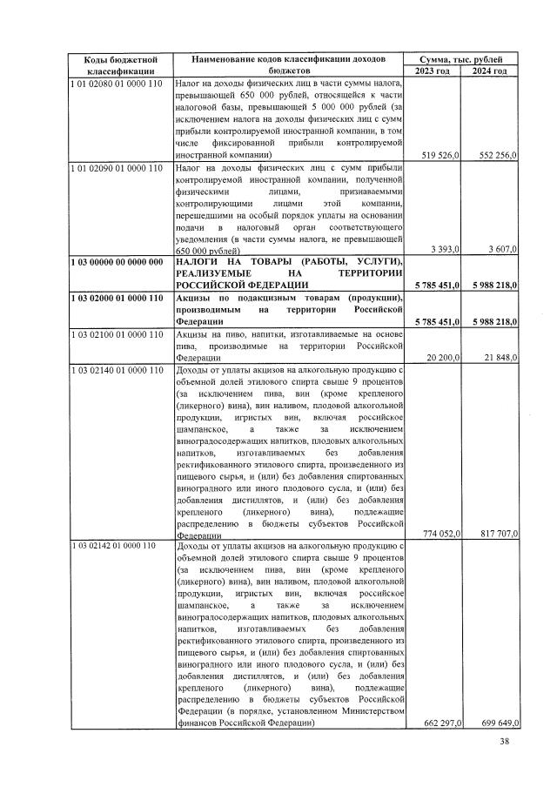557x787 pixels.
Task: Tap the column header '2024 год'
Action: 489,71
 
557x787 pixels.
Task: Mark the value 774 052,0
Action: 440,534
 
